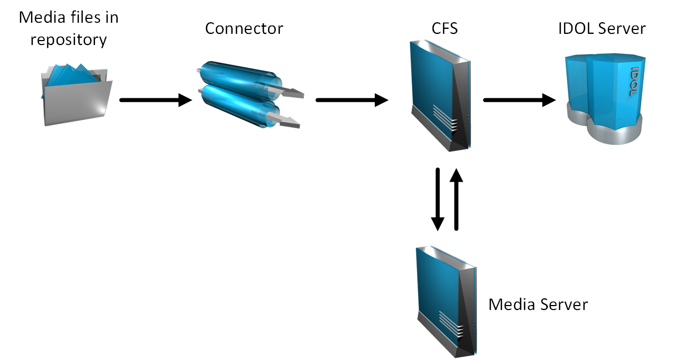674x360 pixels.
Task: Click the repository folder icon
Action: click(x=76, y=94)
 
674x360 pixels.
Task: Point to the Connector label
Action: click(x=244, y=28)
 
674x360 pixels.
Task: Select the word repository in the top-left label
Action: click(x=69, y=40)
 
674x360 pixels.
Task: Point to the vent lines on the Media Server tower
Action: click(x=450, y=324)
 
